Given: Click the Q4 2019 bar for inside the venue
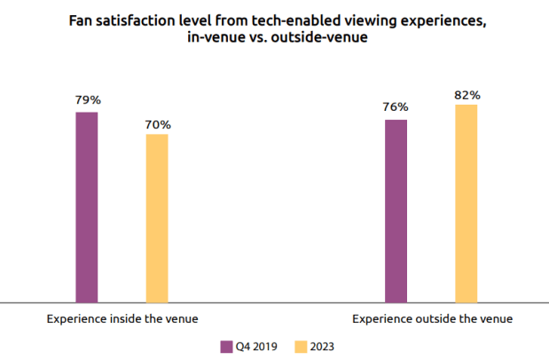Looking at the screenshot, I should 86,207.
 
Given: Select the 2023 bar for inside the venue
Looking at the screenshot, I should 156,218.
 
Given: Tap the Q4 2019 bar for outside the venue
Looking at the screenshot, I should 396,211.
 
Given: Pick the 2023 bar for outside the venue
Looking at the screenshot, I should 467,204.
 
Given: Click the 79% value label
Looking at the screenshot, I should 86,100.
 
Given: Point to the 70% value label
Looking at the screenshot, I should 157,124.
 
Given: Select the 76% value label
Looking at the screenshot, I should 396,108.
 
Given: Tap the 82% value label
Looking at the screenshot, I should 467,93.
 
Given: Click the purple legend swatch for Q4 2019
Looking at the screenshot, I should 225,347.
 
